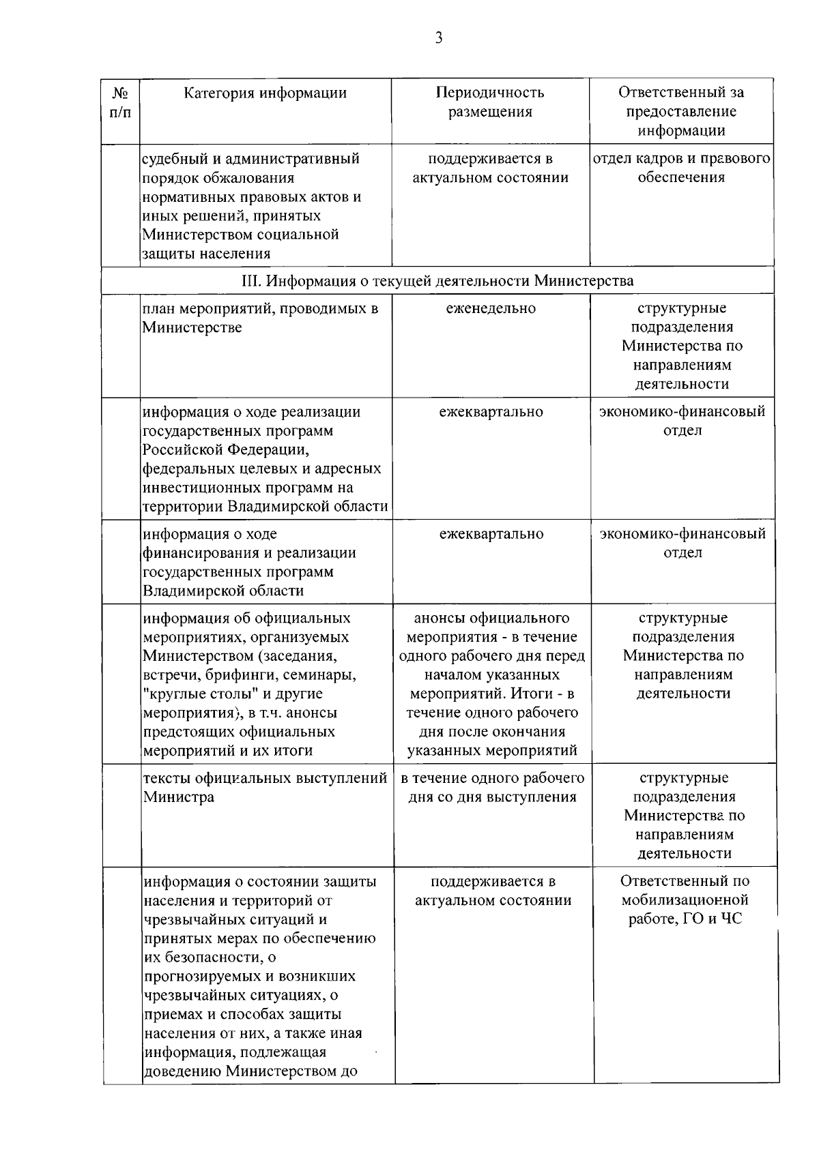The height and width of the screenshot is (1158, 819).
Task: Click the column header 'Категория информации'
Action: click(x=265, y=93)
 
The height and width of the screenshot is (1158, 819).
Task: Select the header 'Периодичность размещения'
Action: click(x=490, y=102)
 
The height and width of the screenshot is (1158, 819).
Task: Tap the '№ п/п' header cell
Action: click(x=120, y=102)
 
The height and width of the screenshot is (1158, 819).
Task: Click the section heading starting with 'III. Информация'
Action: click(x=437, y=280)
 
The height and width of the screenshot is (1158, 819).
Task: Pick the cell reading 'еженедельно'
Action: click(x=491, y=308)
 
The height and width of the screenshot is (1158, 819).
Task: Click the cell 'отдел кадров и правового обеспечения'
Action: click(x=681, y=168)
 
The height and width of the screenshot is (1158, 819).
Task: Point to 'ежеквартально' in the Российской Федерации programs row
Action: click(x=491, y=412)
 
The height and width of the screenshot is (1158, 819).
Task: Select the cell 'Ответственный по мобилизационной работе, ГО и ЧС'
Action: click(x=685, y=900)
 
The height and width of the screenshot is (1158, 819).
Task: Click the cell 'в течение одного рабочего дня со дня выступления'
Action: click(x=492, y=787)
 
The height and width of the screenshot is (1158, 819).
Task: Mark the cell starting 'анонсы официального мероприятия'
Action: click(x=492, y=684)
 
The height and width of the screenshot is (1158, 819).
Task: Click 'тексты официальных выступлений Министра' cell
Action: click(x=265, y=787)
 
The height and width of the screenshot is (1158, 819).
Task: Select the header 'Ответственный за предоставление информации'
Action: click(x=681, y=111)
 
